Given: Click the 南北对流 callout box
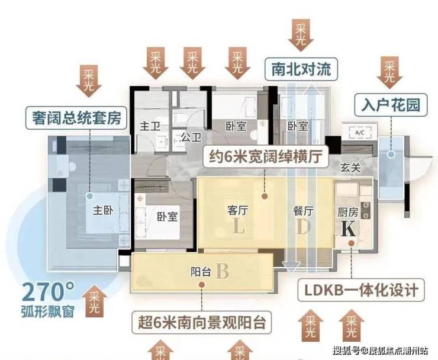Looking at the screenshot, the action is pos(301,69).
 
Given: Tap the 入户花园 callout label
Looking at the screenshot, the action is pos(391,105).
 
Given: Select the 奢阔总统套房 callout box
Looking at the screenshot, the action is pos(76,118).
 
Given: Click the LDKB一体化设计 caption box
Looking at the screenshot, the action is pos(361,290).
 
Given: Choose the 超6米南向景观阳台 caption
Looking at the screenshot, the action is pos(201,323).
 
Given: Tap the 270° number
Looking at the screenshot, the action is pos(48,292).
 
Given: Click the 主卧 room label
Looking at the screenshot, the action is pos(103,210).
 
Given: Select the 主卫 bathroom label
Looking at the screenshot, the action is pos(150,126).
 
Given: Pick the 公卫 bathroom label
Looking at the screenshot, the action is pos(191,137).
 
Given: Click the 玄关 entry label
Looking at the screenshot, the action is pos(350,168).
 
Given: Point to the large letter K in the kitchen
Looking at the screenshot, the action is pos(349,229).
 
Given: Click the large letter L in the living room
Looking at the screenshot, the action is pos(239,226).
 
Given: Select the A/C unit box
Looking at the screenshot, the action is pos(359,133).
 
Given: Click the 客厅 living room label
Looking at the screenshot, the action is pos(238,210).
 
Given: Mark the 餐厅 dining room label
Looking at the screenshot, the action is pos(304,211).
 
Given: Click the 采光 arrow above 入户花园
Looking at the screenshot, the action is pos(389,72).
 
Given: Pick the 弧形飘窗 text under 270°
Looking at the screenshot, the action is pos(48,311).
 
